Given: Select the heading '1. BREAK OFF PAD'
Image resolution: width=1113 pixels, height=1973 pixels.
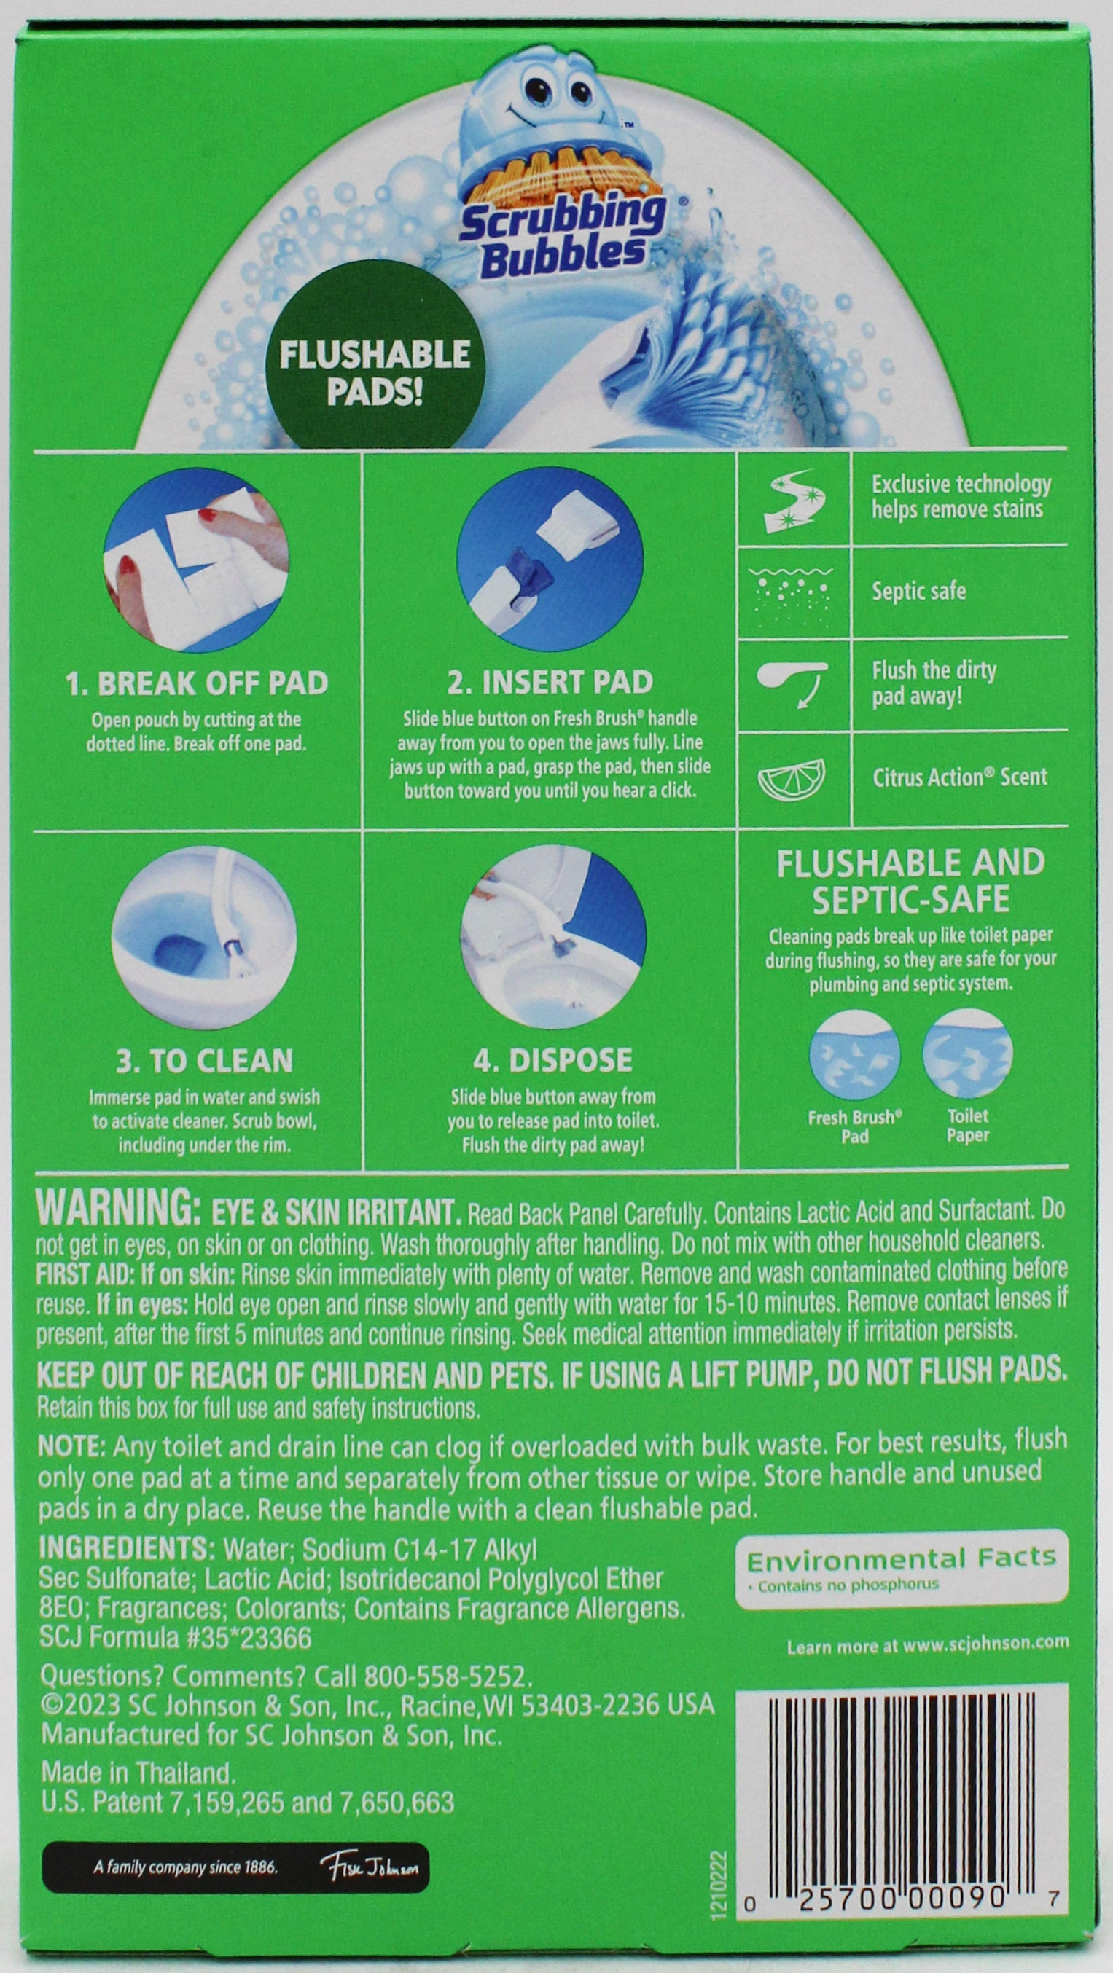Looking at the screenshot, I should (x=197, y=683).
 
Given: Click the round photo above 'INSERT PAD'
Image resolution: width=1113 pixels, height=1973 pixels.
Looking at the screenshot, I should (x=550, y=561).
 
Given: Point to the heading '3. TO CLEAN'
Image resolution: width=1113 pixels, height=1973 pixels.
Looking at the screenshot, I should (x=204, y=1061).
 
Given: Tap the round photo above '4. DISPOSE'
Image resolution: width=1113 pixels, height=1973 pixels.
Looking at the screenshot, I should (x=553, y=936).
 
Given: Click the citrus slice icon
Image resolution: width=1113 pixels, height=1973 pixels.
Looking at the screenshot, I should (x=792, y=777).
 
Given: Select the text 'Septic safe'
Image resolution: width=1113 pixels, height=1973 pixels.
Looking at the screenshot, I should (x=918, y=592).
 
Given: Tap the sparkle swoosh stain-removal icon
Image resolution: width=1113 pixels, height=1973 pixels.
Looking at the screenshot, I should (x=794, y=500).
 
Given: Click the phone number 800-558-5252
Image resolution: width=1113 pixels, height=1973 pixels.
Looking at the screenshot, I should (x=448, y=1677).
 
